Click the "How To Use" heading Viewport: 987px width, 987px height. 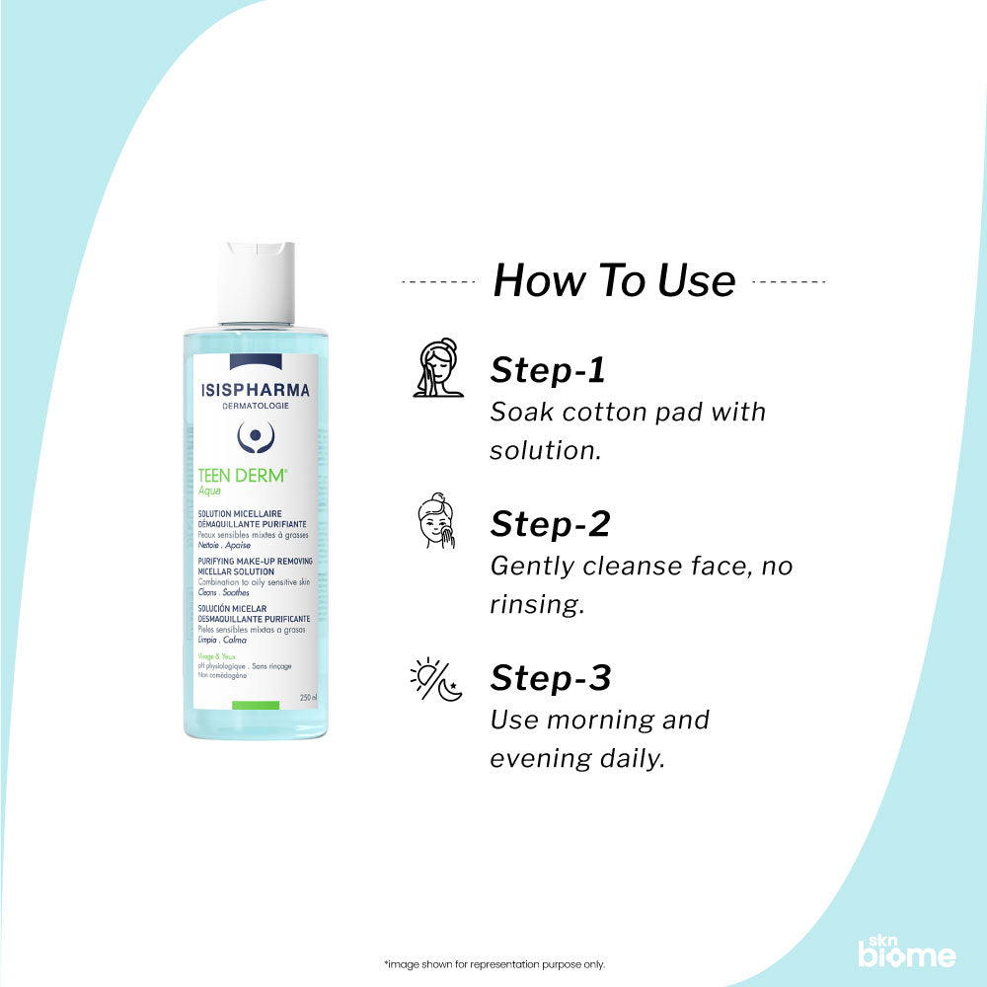[614, 280]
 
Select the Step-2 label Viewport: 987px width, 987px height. [550, 524]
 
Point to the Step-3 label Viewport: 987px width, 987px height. [551, 678]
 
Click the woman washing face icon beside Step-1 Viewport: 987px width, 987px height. [437, 369]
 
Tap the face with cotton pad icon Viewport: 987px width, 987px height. [436, 523]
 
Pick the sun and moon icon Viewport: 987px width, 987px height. [436, 680]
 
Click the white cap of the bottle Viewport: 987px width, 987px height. [256, 282]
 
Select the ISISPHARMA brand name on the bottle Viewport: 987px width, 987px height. [256, 390]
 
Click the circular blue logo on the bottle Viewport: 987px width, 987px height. [256, 435]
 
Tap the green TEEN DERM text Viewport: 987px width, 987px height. [243, 475]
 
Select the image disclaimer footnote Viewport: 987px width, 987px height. [493, 964]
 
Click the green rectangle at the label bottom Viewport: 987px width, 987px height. [256, 704]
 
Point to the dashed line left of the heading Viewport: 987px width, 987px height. [439, 281]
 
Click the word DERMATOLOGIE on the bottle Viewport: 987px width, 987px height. [256, 406]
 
